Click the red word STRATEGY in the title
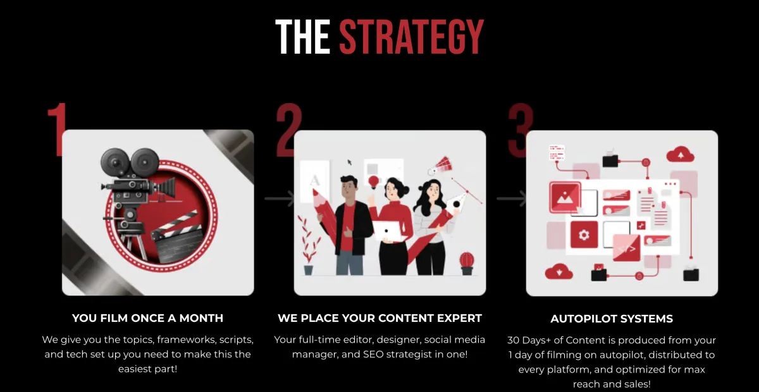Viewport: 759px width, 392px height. (x=411, y=37)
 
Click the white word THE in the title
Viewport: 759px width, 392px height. (x=302, y=37)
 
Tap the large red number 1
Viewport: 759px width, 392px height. (x=57, y=130)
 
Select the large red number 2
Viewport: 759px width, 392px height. (x=288, y=130)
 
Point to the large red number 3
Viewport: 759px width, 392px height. (x=521, y=130)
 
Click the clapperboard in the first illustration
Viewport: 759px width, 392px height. (x=177, y=237)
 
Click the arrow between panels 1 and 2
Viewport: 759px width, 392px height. (x=279, y=199)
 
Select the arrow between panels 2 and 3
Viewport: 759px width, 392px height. (x=511, y=199)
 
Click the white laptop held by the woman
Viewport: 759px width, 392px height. (x=389, y=231)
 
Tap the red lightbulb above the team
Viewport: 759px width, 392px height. (x=374, y=181)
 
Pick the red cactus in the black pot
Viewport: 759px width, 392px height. (x=467, y=263)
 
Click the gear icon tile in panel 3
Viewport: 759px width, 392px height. (x=584, y=235)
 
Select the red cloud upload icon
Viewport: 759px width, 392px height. (x=681, y=154)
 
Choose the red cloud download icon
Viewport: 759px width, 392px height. (x=558, y=271)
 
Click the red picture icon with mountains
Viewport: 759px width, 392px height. (x=565, y=197)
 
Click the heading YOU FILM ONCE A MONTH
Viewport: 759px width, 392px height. (x=148, y=318)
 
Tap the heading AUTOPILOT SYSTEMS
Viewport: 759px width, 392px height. (x=612, y=319)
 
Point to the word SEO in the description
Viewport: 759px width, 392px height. (x=373, y=355)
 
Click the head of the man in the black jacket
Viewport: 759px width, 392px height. (x=349, y=188)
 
